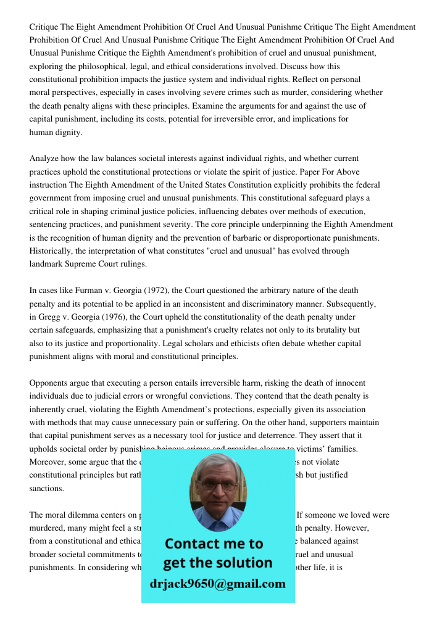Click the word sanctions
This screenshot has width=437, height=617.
pyautogui.click(x=46, y=488)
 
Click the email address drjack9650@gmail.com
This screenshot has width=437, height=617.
pyautogui.click(x=218, y=584)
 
